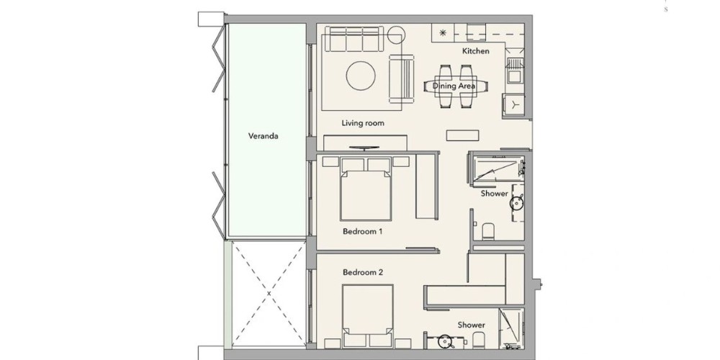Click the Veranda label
[263, 136]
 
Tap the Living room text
[363, 123]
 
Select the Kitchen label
[476, 51]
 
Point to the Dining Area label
[454, 86]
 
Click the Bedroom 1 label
[362, 231]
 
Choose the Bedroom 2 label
[363, 272]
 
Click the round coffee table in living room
[361, 76]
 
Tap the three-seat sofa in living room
[354, 40]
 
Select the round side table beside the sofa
[396, 35]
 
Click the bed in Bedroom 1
[366, 189]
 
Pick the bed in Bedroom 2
[368, 316]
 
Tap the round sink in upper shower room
[518, 202]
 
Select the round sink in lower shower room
[444, 341]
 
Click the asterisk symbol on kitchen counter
[443, 32]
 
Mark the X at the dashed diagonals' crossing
[269, 293]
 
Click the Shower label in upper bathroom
[495, 193]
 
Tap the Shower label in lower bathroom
[471, 325]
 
